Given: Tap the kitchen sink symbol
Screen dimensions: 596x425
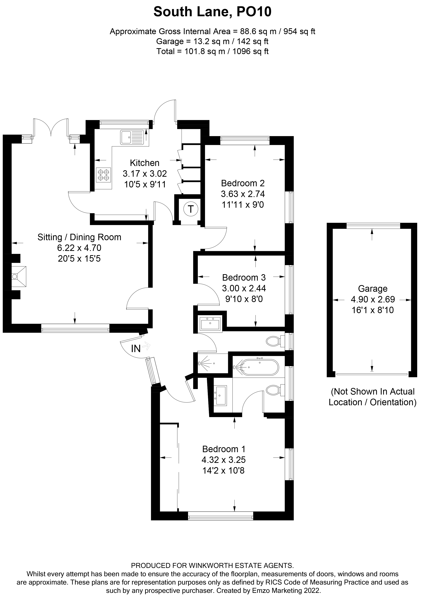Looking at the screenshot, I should coord(132,137).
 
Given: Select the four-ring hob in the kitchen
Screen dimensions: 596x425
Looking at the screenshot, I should coord(103,175).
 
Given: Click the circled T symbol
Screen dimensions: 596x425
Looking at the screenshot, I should coord(191,209).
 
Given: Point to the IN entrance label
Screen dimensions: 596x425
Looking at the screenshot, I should coord(136,349).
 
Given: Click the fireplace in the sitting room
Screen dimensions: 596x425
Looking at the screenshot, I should coord(19,277).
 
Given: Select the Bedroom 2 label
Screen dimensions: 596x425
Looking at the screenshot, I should coord(243,183).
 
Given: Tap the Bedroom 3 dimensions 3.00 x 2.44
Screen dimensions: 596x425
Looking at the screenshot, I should coord(244,288).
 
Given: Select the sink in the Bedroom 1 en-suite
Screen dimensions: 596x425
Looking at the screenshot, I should coord(220,395).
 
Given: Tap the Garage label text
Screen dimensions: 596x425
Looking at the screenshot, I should coord(373,289).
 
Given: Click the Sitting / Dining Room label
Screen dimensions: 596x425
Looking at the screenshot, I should coord(79,237).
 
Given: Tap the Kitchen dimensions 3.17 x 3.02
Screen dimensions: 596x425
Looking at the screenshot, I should coord(145,174).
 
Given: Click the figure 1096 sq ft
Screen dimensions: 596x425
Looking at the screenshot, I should coord(250,51).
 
